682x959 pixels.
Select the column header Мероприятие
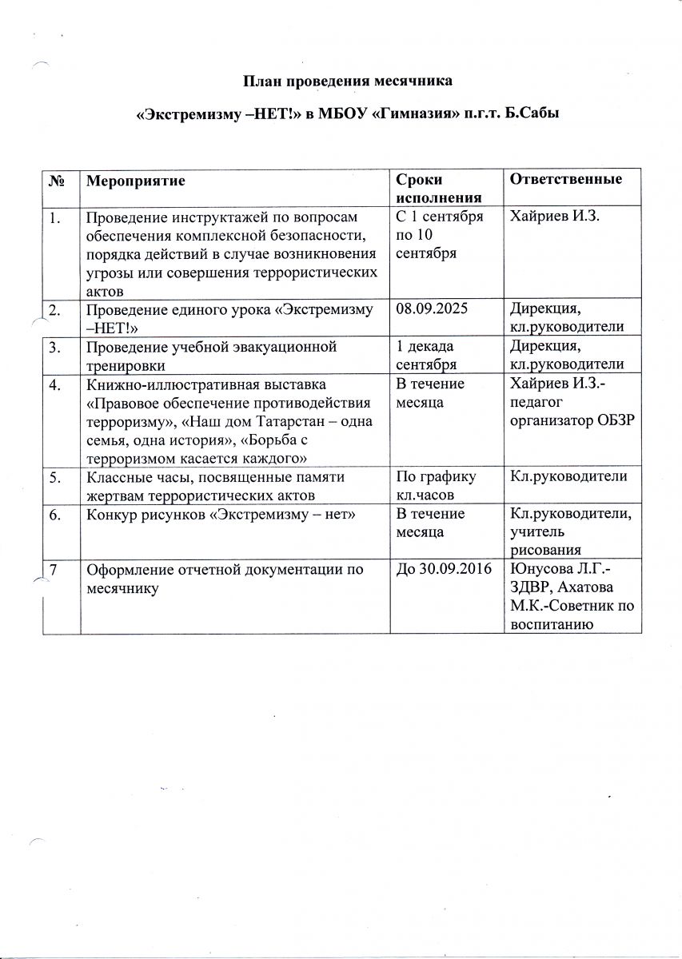click(x=135, y=181)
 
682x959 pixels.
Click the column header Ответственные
click(x=565, y=179)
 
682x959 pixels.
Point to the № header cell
click(x=57, y=181)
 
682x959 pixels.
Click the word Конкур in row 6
click(x=109, y=514)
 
